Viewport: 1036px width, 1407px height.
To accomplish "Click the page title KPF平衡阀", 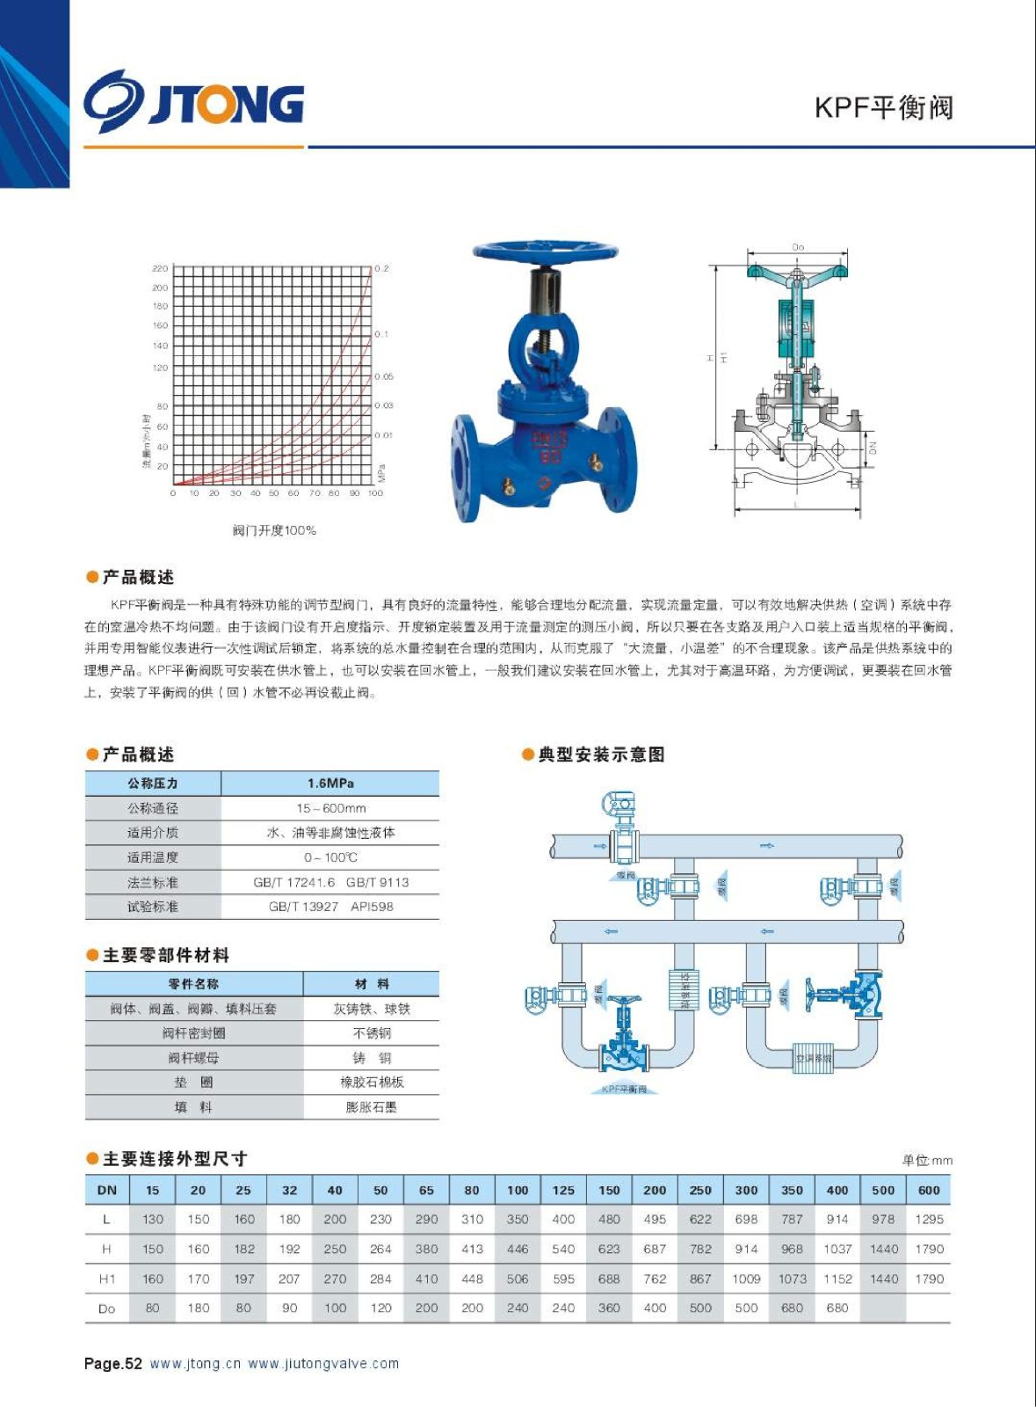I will tap(884, 107).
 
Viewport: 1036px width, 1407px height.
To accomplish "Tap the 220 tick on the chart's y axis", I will tap(160, 268).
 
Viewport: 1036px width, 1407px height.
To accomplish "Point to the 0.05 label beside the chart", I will tap(384, 376).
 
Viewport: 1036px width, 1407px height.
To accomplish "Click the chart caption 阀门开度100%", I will tap(274, 530).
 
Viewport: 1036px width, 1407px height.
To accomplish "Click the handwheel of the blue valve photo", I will tap(545, 252).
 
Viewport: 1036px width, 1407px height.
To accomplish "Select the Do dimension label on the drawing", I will tap(798, 247).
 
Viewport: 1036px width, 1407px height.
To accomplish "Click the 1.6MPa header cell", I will tap(330, 783).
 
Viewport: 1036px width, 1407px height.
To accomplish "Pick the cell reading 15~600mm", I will tap(330, 808).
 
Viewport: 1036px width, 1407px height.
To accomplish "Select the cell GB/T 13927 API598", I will tap(330, 907).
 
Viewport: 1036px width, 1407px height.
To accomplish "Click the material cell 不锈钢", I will tap(372, 1033).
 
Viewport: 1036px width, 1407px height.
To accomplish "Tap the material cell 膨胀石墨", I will tap(372, 1107).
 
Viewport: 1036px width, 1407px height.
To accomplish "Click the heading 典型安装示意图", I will tap(601, 755).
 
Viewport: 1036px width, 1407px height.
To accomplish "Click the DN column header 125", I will tap(563, 1190).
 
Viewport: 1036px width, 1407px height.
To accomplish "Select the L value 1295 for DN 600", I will tap(929, 1219).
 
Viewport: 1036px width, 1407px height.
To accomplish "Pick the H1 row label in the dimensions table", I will tap(107, 1279).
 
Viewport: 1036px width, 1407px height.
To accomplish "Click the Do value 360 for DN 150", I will tap(609, 1308).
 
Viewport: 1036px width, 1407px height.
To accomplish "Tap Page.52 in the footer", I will tap(113, 1364).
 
